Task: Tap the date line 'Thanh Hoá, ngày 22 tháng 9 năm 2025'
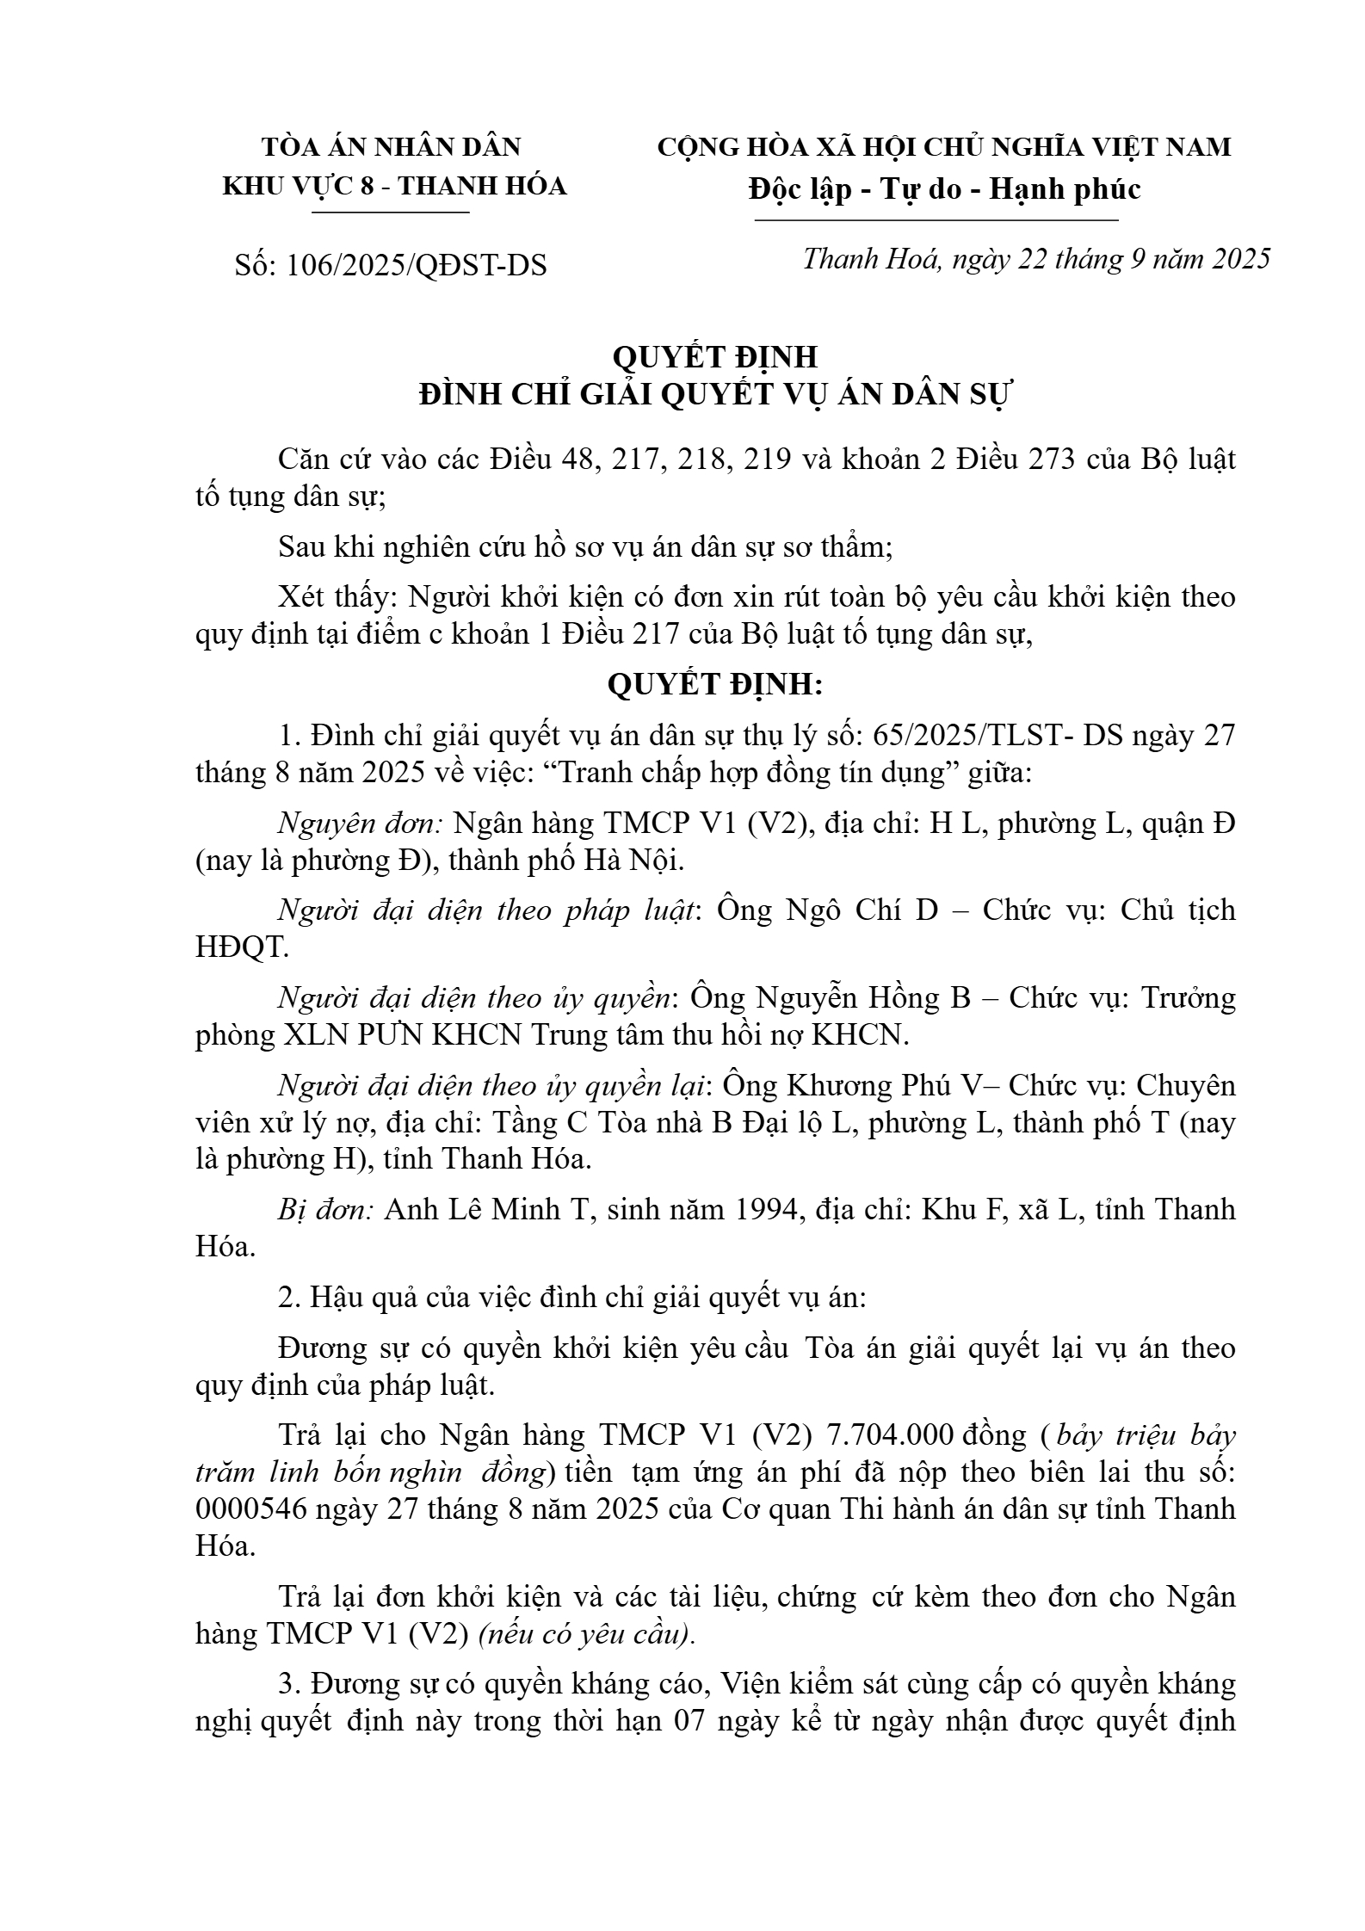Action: point(1036,259)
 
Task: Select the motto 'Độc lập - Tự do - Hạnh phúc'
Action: point(944,188)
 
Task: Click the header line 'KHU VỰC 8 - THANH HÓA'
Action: point(395,186)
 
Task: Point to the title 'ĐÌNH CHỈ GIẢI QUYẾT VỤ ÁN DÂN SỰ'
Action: point(717,395)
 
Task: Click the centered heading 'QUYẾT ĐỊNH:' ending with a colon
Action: point(715,685)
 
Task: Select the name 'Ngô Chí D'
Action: point(862,910)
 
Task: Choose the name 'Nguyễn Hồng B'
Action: point(863,998)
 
